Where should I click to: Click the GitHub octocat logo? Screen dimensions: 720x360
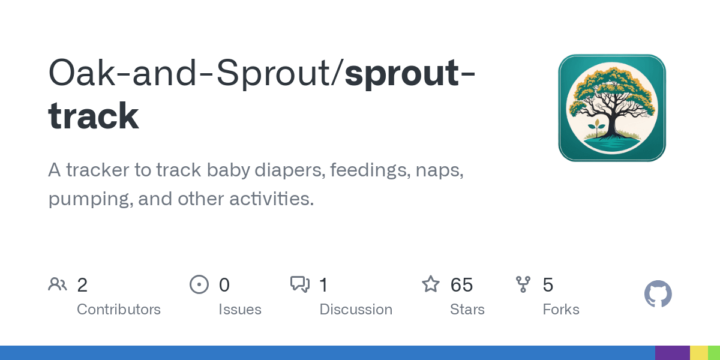pos(658,294)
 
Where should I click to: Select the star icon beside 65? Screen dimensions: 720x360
pos(430,284)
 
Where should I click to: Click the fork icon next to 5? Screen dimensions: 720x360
pos(523,284)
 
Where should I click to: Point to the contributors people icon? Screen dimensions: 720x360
pos(58,284)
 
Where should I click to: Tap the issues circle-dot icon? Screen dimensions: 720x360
pos(199,284)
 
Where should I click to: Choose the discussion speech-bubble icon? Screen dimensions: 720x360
pos(300,284)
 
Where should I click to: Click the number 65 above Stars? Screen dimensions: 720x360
pos(461,285)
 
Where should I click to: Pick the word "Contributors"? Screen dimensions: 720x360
pos(119,310)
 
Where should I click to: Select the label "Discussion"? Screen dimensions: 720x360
pos(356,310)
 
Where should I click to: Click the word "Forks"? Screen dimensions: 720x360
pos(561,310)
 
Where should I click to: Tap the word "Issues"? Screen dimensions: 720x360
pos(240,310)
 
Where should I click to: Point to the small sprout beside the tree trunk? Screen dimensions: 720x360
pos(597,128)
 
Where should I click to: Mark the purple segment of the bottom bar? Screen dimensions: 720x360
pos(673,353)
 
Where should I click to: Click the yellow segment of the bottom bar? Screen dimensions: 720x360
pos(699,353)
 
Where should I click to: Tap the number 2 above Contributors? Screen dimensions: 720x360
pos(82,285)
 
